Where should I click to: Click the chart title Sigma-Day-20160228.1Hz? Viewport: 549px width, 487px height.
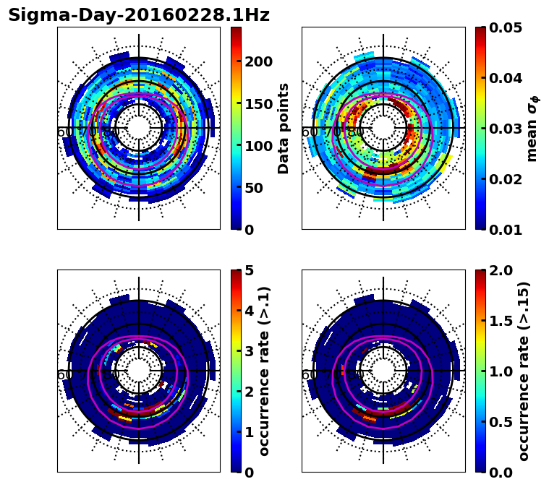pos(138,15)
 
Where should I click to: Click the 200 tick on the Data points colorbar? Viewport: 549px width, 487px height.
pos(259,61)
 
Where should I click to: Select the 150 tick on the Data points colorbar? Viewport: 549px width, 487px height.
pos(259,103)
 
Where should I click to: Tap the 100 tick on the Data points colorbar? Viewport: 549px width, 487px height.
pos(259,146)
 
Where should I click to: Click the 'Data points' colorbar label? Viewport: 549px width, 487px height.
pos(284,129)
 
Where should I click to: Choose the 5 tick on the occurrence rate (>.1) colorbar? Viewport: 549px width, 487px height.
pos(249,270)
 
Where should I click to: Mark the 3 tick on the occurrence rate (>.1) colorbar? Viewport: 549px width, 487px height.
pos(249,351)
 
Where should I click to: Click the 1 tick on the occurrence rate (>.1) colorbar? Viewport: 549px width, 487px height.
pos(249,432)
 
